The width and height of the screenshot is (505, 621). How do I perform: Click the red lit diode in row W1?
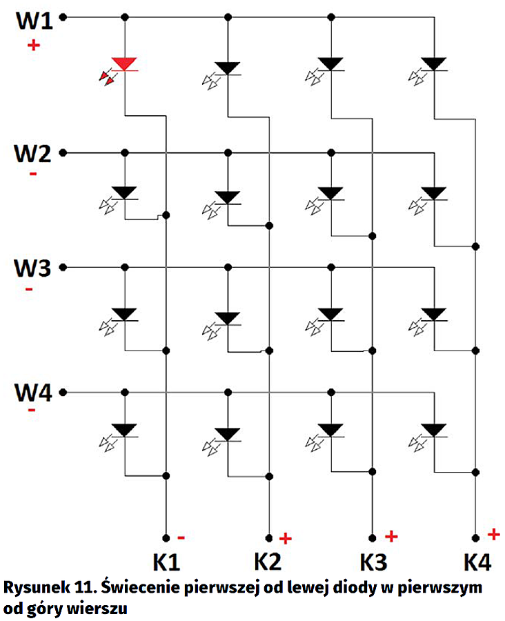124,64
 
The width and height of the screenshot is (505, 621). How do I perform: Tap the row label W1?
33,21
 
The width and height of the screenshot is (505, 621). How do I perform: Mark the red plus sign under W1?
32,46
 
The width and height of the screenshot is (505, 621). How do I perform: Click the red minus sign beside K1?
181,536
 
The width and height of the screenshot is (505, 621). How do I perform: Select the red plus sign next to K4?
493,533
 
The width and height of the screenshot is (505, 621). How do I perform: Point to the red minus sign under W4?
31,411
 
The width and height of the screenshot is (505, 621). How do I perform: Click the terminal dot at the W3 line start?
63,267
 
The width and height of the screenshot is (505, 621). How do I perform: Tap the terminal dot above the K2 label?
268,538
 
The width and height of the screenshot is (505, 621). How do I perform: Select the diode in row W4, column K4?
434,429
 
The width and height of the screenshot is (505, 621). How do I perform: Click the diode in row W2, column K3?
331,193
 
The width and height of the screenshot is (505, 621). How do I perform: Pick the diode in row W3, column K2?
227,318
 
